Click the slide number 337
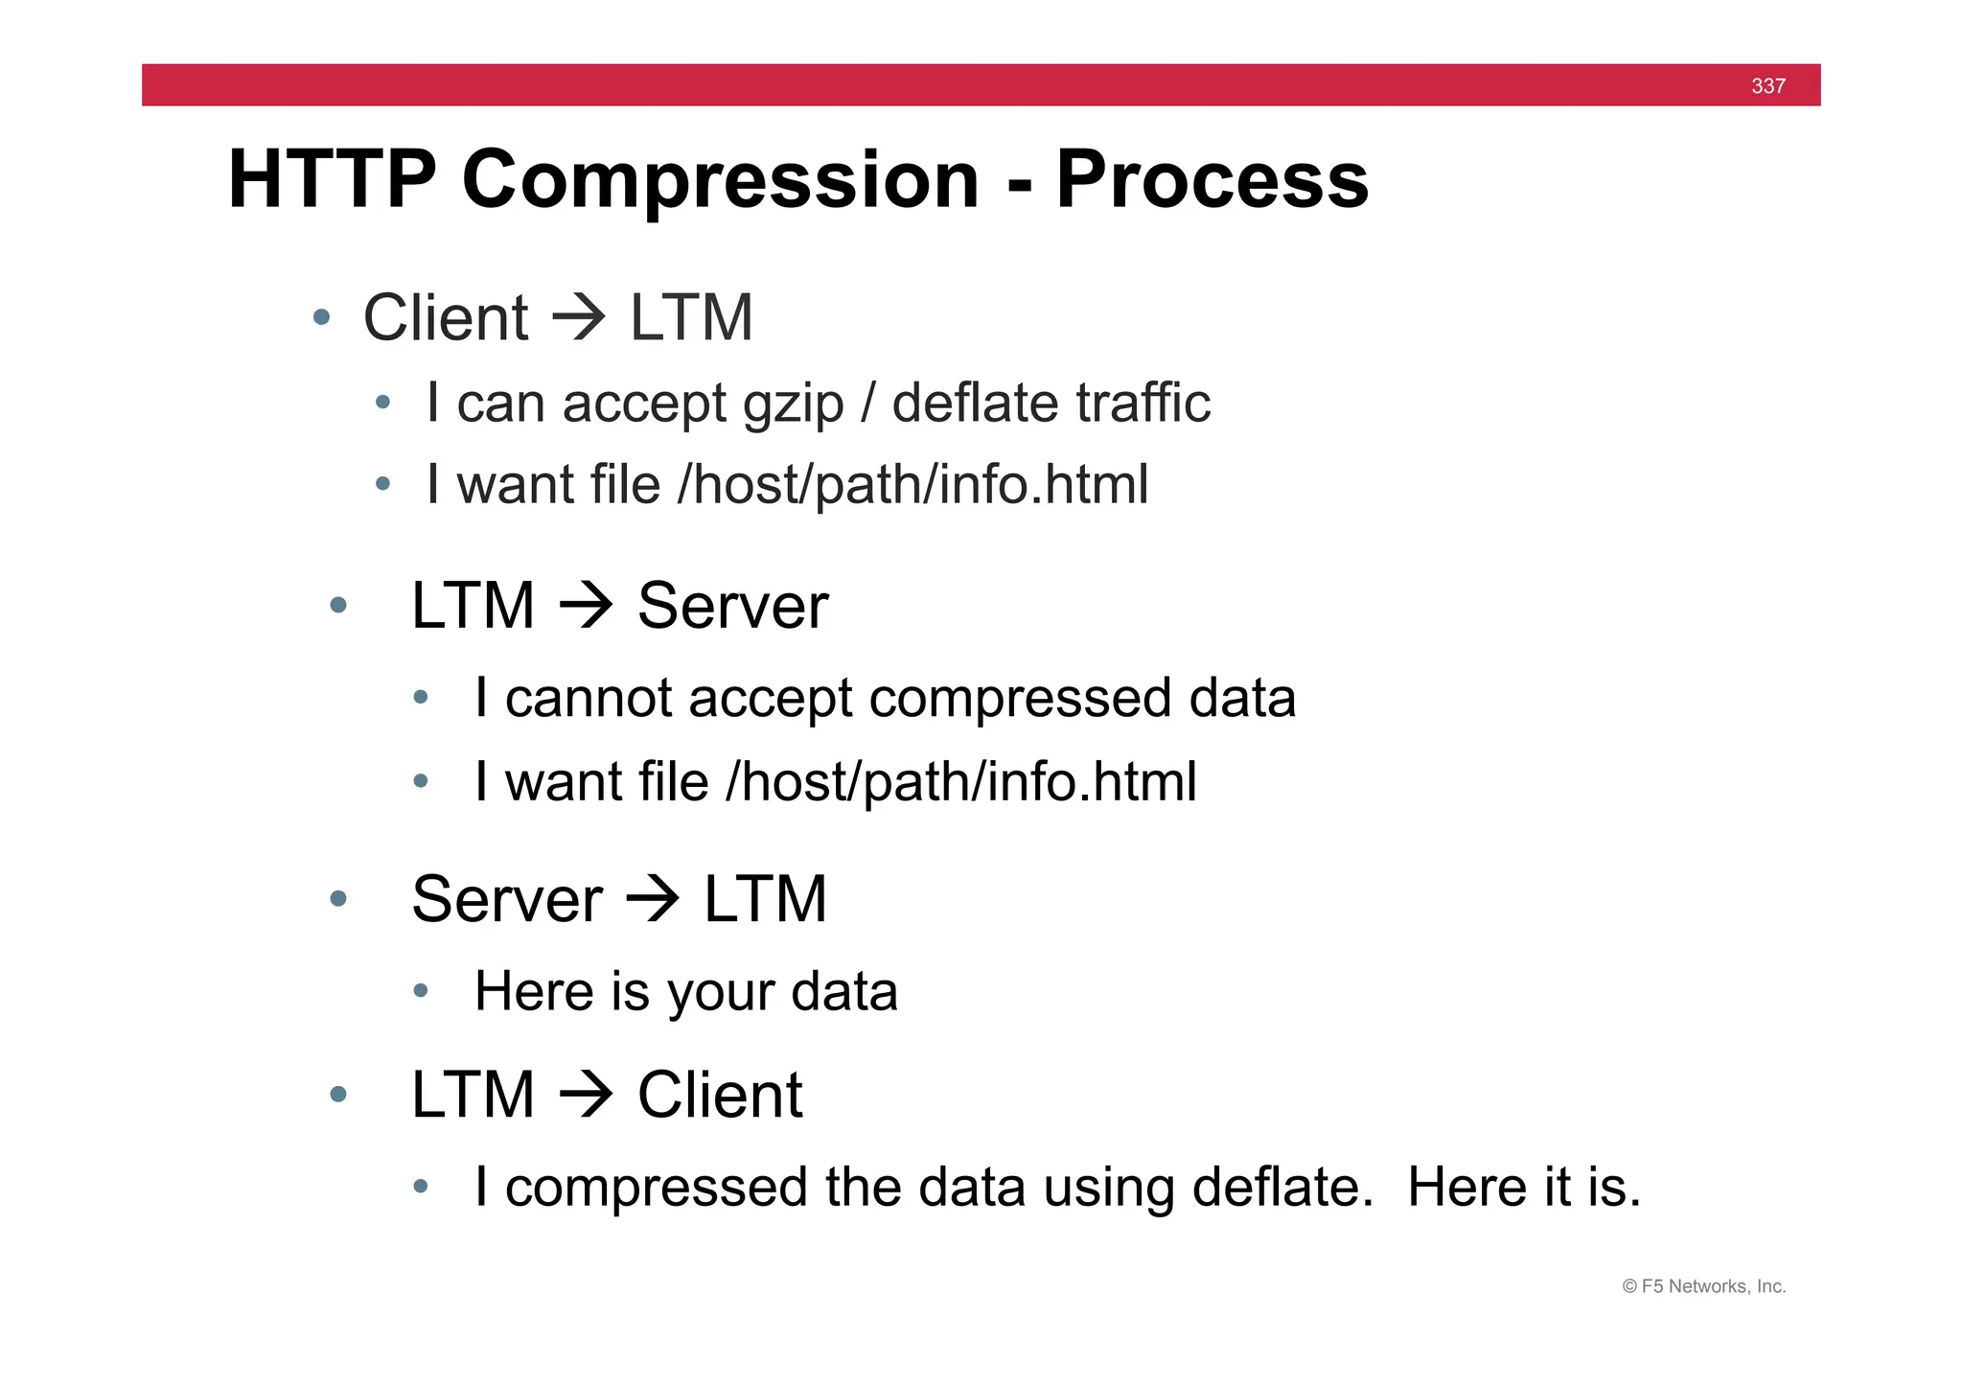(1767, 86)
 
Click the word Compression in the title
(720, 180)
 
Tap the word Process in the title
(1212, 180)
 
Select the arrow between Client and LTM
(579, 318)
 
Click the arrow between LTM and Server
(586, 606)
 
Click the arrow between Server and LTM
(652, 899)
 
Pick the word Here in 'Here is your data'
(533, 991)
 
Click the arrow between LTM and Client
(586, 1095)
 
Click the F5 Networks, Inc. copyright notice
(1703, 1286)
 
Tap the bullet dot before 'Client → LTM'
(322, 317)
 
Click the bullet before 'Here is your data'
(420, 991)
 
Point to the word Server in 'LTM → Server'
(732, 606)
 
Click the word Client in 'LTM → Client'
(719, 1095)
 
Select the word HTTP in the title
(332, 180)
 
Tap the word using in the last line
(1109, 1189)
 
